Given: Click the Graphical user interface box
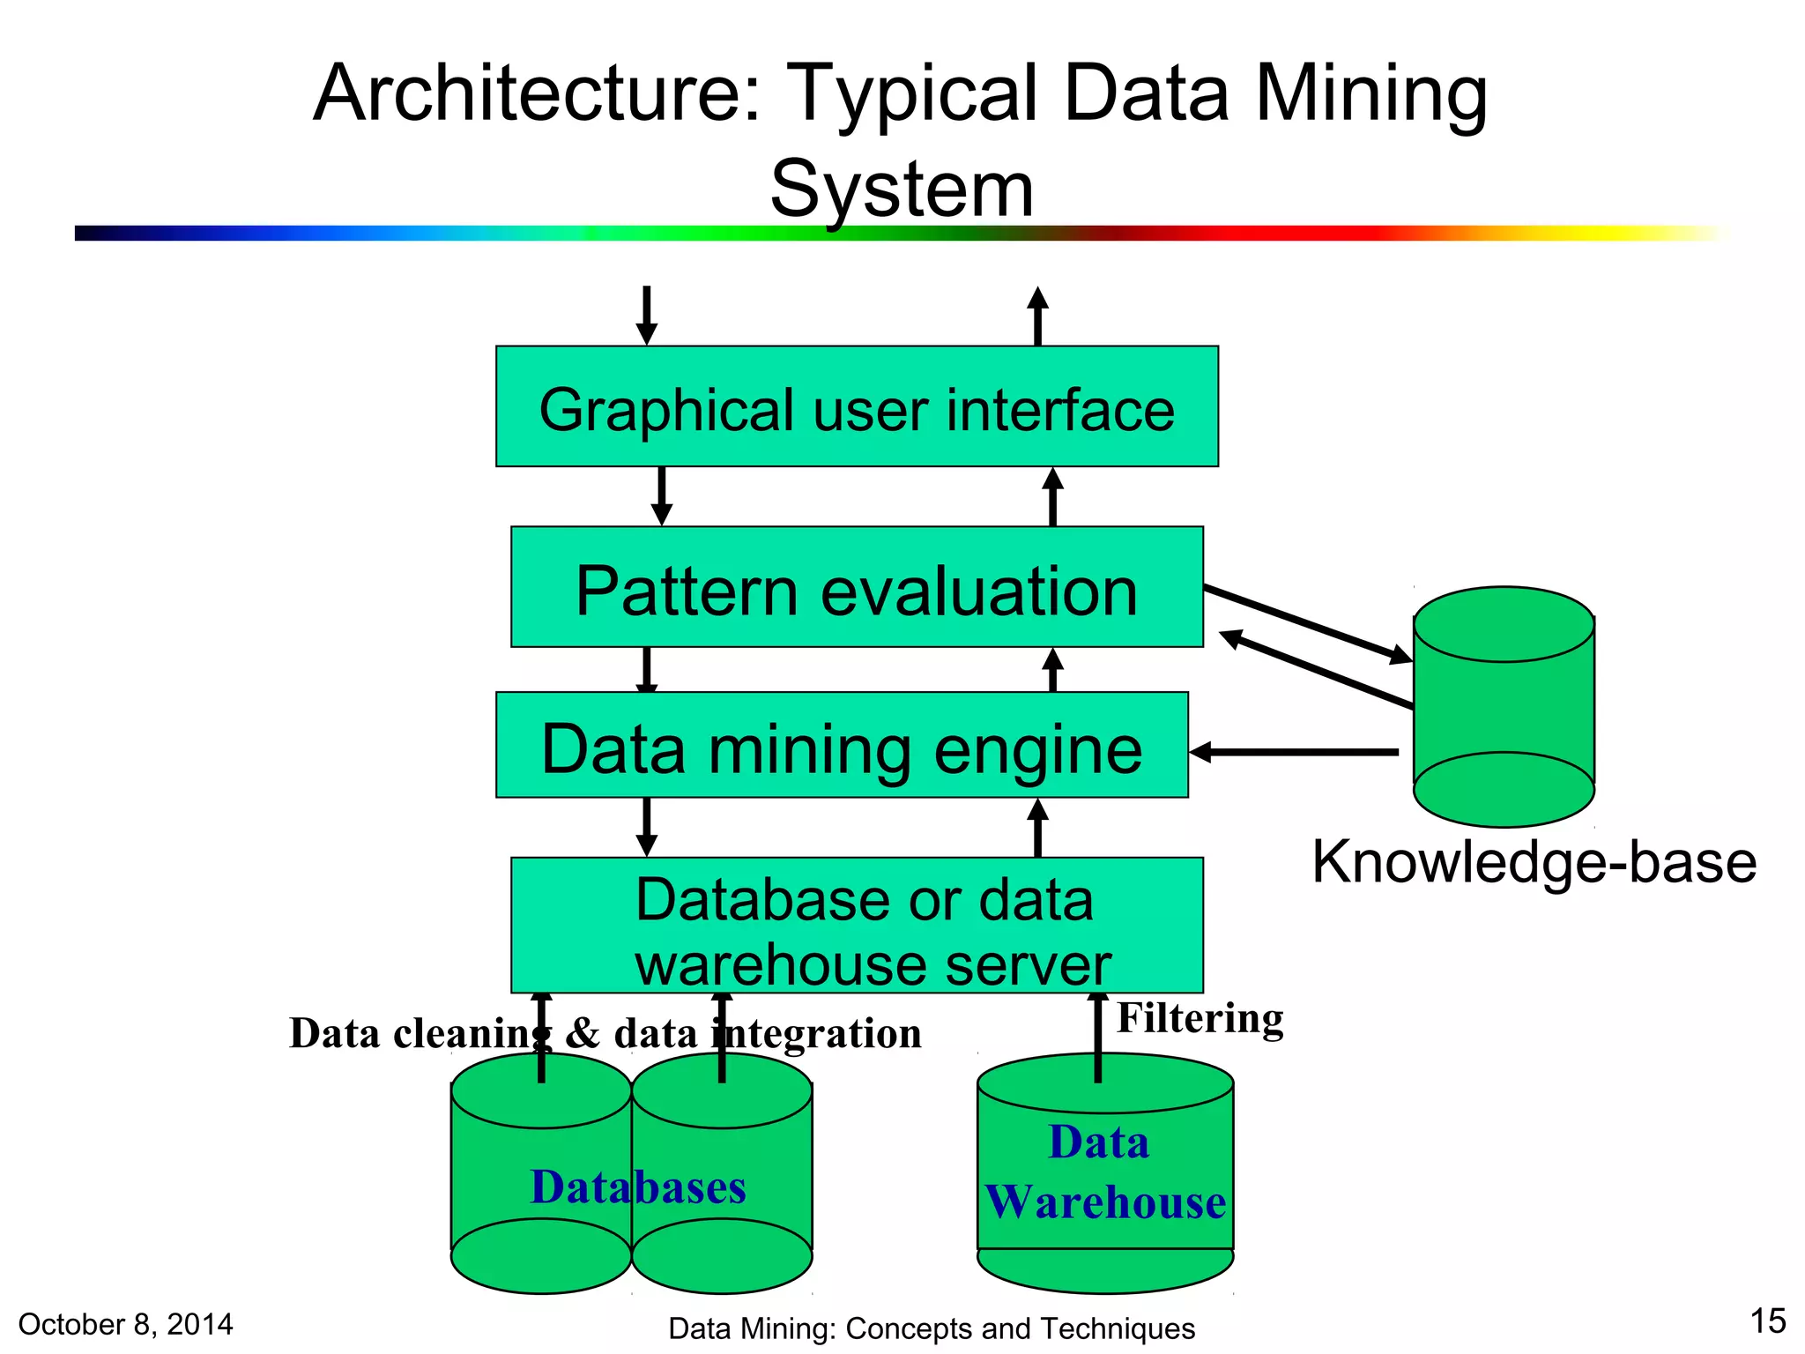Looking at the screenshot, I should pyautogui.click(x=857, y=406).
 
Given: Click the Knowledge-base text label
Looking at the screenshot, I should pyautogui.click(x=1534, y=861).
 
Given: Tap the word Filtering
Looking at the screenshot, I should pyautogui.click(x=1200, y=1019).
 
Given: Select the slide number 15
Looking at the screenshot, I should pyautogui.click(x=1767, y=1321).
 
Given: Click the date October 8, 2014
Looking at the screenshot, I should pyautogui.click(x=125, y=1324).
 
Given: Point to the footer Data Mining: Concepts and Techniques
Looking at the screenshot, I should pyautogui.click(x=932, y=1328).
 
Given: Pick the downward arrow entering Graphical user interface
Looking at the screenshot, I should pyautogui.click(x=647, y=315).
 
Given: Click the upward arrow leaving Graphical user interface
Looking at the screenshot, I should pyautogui.click(x=1038, y=316).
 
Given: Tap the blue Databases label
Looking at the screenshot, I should pyautogui.click(x=638, y=1187).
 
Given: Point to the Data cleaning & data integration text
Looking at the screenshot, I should pyautogui.click(x=605, y=1034).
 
